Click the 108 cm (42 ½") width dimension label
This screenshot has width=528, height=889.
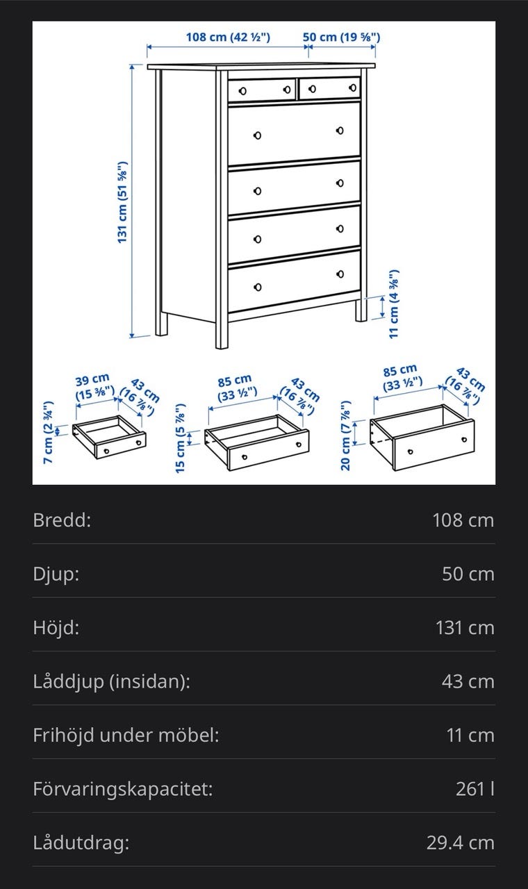[229, 38]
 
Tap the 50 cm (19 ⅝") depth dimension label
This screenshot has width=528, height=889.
[341, 38]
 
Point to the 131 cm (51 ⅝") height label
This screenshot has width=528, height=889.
[122, 202]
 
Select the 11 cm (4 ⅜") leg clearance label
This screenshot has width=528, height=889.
[393, 304]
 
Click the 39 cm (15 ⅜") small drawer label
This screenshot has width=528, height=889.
[94, 388]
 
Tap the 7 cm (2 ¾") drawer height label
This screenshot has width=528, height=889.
[48, 433]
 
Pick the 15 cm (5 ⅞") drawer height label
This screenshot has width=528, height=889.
[180, 438]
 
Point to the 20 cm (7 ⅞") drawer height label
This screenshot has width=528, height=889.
[346, 435]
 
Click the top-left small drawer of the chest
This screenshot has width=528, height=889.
[262, 90]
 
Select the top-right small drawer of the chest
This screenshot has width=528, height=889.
[329, 88]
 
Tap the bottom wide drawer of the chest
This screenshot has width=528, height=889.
[294, 281]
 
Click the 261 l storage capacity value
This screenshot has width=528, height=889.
[475, 788]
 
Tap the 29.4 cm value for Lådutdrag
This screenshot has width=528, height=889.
[461, 842]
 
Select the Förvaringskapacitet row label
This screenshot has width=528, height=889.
[123, 789]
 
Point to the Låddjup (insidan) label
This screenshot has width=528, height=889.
[112, 682]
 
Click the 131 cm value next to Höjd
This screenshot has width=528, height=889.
[465, 628]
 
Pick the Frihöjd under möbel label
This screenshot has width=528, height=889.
[126, 735]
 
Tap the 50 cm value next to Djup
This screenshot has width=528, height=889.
[468, 574]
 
